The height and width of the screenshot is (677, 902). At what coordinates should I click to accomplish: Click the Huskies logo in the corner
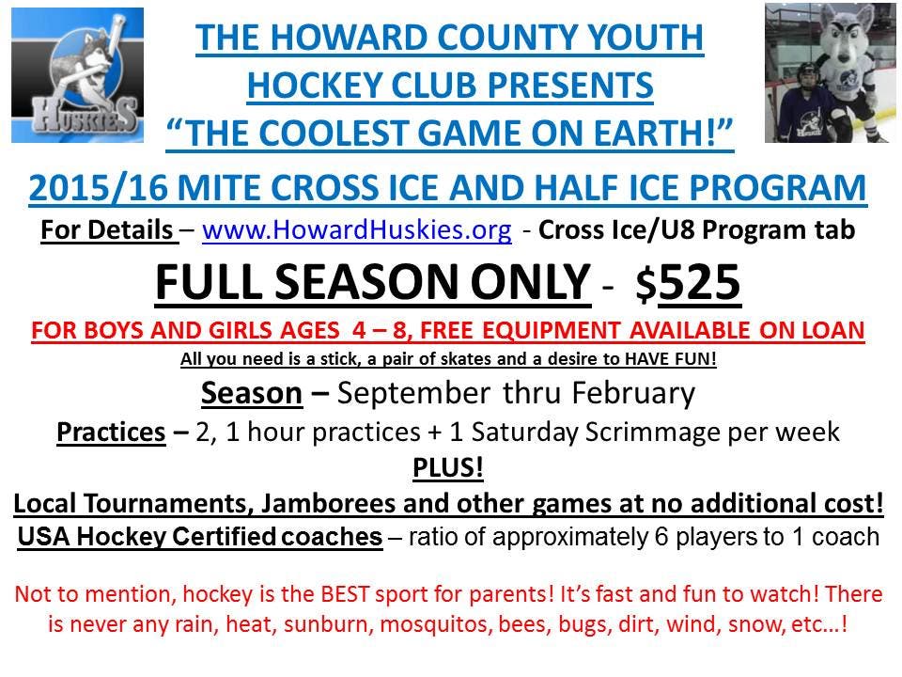[x=78, y=75]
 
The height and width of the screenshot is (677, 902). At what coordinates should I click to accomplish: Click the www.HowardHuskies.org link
[x=357, y=230]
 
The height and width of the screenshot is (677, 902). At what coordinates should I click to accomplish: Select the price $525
[x=688, y=283]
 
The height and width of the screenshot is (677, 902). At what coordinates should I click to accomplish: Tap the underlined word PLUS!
[x=448, y=467]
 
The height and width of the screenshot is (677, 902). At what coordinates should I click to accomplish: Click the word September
[x=413, y=394]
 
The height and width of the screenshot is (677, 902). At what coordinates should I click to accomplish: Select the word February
[x=633, y=394]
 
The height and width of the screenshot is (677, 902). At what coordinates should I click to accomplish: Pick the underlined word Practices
[x=111, y=433]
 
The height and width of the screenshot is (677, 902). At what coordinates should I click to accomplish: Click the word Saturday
[x=524, y=433]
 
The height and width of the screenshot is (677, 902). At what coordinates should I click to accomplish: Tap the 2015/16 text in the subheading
[x=99, y=188]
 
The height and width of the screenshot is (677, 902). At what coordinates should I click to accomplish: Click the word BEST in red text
[x=344, y=594]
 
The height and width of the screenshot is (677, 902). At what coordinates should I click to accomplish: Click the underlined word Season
[x=252, y=394]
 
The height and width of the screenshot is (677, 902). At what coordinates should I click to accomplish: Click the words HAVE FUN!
[x=670, y=359]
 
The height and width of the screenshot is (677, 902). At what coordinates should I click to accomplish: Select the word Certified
[x=225, y=537]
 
